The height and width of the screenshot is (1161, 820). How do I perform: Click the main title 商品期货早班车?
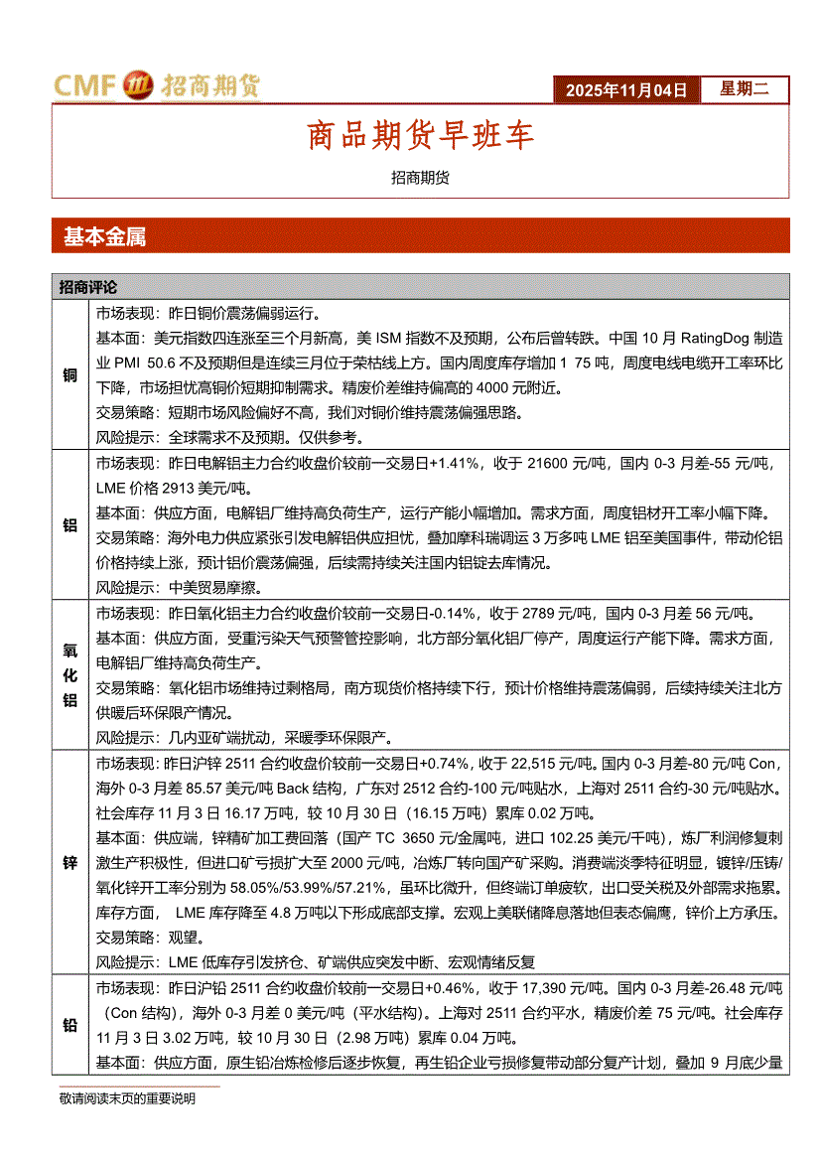pos(421,136)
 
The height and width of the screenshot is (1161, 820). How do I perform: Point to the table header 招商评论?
pos(87,287)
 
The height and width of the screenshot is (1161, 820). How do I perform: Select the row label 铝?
pos(70,525)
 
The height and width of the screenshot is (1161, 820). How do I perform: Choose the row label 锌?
pos(70,861)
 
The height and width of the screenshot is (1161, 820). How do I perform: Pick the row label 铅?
pos(70,1026)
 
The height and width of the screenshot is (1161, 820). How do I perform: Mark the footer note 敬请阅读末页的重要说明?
pos(127,1098)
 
